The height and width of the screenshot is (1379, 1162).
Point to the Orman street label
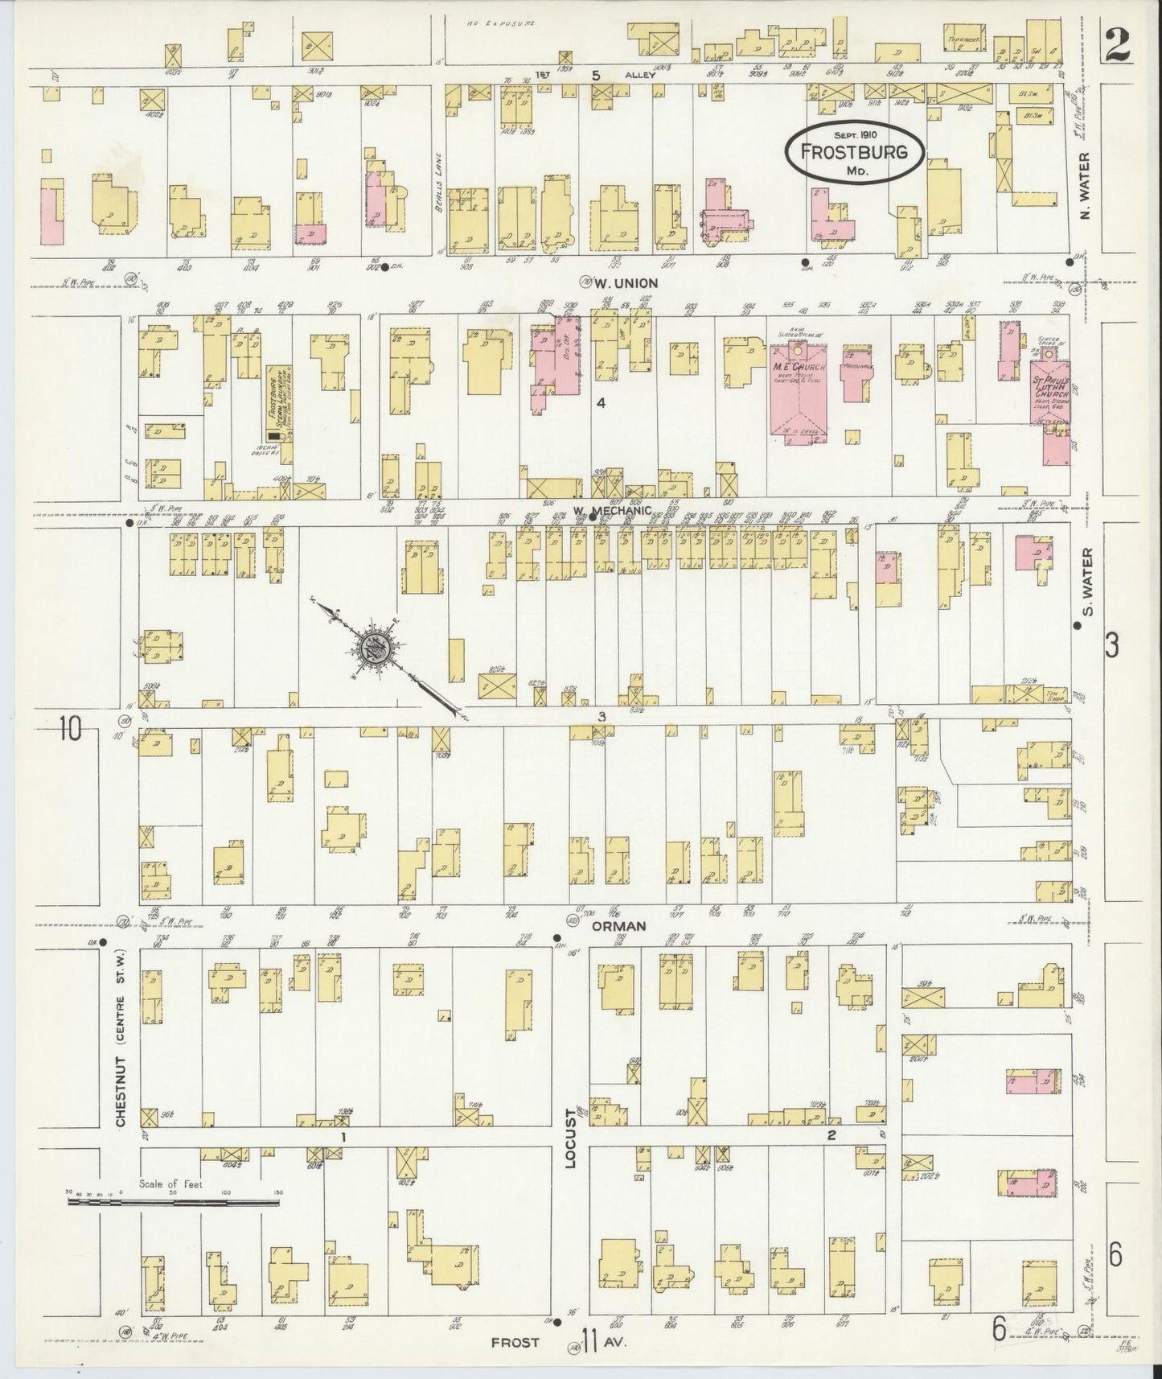[x=619, y=926]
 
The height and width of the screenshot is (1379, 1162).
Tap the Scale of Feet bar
[x=173, y=1203]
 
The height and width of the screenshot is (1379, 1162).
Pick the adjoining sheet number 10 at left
[x=71, y=729]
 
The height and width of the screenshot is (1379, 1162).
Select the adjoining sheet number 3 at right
[x=1112, y=645]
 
